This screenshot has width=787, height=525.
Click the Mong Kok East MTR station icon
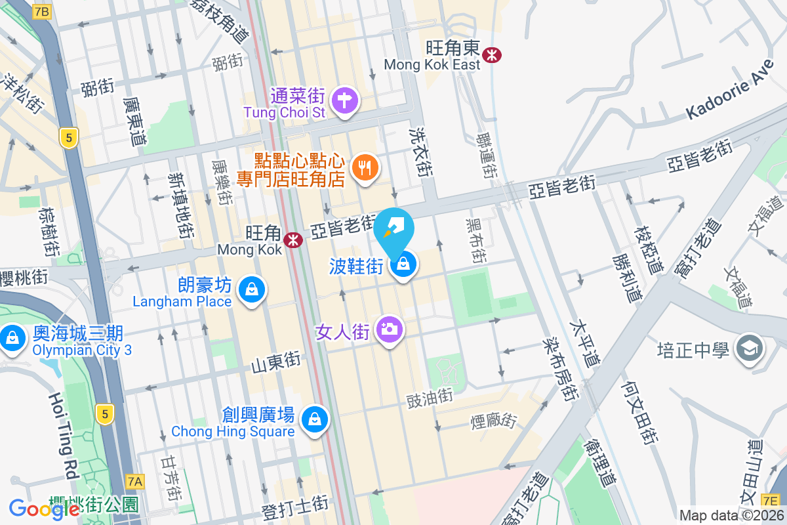(x=491, y=55)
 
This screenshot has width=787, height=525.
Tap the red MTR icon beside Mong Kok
(x=293, y=241)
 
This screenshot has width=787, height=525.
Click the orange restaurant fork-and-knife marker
(x=363, y=167)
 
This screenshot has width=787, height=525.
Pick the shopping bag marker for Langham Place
(x=251, y=289)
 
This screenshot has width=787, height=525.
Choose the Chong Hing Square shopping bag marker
(x=315, y=418)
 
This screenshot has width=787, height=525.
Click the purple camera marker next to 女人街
(x=390, y=328)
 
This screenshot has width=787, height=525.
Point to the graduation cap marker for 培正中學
(x=749, y=348)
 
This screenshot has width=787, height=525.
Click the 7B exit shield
(x=42, y=12)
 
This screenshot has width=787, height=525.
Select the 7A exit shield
(x=135, y=482)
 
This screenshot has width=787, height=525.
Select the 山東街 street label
(x=275, y=360)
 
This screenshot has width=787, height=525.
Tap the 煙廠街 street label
(x=494, y=421)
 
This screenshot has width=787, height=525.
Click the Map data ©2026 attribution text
(x=731, y=515)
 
